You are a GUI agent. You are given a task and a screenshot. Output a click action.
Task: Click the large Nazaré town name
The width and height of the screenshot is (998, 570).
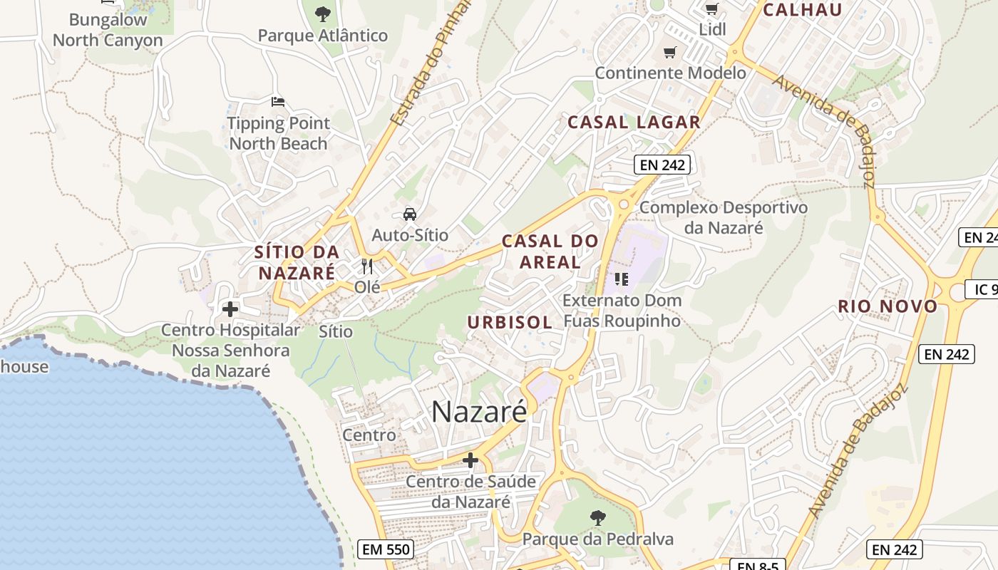tap(479, 412)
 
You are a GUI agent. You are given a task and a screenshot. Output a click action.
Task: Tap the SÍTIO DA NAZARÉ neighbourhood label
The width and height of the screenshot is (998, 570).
tap(297, 262)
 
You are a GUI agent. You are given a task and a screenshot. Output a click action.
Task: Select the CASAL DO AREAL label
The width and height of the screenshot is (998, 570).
tap(550, 252)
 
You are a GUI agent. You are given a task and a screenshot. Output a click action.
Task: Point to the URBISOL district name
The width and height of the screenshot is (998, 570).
tap(510, 322)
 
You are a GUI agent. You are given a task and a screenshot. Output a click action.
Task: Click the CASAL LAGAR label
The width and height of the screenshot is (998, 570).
tap(634, 122)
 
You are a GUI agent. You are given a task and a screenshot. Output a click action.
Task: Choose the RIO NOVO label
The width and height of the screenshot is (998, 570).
tap(888, 306)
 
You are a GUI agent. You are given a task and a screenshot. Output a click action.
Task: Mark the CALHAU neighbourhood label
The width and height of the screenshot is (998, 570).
tap(803, 10)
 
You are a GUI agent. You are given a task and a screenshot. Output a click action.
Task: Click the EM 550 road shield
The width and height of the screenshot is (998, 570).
tap(385, 549)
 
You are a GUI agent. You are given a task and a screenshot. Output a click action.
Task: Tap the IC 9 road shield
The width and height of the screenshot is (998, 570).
tap(984, 289)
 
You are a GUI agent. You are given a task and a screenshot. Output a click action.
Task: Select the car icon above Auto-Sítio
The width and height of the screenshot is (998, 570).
tap(410, 214)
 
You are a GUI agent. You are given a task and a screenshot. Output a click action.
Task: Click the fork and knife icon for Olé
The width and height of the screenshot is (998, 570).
tap(367, 266)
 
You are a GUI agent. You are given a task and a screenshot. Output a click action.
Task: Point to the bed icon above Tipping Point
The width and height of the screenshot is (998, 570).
tap(278, 102)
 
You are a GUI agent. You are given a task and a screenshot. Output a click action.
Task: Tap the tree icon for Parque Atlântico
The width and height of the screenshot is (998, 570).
tap(323, 14)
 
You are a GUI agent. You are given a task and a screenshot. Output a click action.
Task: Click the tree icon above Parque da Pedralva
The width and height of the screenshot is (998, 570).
tap(597, 517)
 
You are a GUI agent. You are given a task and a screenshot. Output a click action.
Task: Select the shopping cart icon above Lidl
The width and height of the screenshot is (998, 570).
tap(711, 9)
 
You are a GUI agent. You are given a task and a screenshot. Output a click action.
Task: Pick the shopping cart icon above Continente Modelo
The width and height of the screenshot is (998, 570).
tap(669, 52)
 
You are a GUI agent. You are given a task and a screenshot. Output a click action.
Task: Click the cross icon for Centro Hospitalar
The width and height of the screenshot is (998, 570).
tap(230, 309)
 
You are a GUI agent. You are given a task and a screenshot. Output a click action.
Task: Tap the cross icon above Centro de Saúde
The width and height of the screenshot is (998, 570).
tap(470, 460)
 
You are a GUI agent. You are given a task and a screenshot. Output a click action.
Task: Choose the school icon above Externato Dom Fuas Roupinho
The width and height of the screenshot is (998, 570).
tap(622, 279)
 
